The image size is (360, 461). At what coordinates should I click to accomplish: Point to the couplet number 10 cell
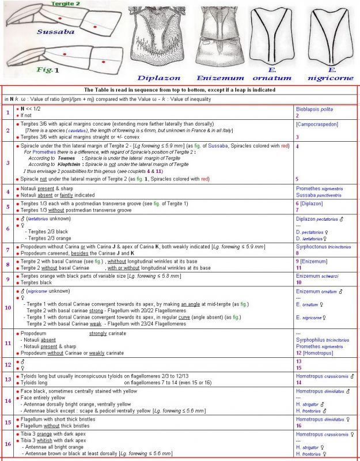pos(7,308)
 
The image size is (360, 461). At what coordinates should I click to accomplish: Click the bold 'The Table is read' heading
pos(179,90)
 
